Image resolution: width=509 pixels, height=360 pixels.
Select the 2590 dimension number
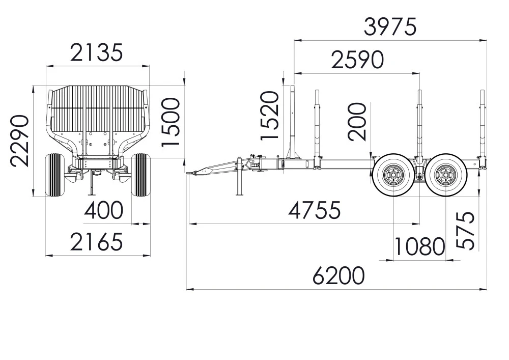(357, 60)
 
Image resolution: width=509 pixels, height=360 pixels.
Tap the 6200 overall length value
(338, 275)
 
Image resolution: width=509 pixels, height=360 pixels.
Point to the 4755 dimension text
(315, 210)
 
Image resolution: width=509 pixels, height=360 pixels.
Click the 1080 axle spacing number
(419, 246)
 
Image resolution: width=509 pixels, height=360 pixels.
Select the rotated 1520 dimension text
(270, 116)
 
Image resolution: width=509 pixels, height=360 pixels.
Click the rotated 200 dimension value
(357, 122)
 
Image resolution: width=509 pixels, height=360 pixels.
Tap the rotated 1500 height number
(171, 122)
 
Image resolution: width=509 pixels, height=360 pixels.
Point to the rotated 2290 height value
(19, 141)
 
